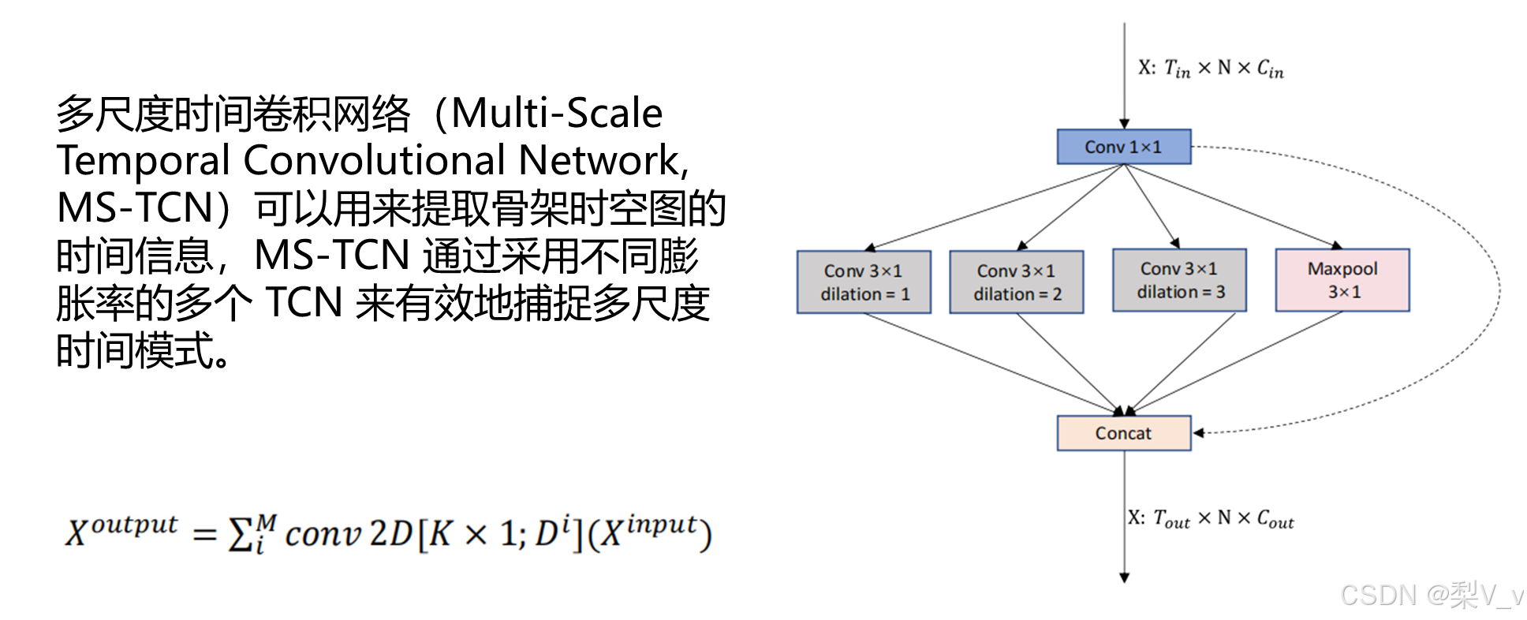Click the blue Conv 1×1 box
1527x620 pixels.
pyautogui.click(x=1123, y=147)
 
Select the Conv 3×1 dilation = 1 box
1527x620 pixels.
pyautogui.click(x=864, y=282)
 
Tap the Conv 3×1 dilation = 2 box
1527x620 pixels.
pyautogui.click(x=1016, y=282)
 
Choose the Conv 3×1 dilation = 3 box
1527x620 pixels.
pyautogui.click(x=1179, y=280)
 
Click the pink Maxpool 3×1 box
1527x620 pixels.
pyautogui.click(x=1342, y=280)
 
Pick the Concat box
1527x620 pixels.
pyautogui.click(x=1123, y=433)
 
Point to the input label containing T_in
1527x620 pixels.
pyautogui.click(x=1211, y=69)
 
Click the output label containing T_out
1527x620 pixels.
pyautogui.click(x=1211, y=518)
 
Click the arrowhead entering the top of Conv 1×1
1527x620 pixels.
pyautogui.click(x=1124, y=124)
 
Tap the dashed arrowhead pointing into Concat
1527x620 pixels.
pyautogui.click(x=1199, y=432)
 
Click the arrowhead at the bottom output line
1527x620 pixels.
pyautogui.click(x=1124, y=577)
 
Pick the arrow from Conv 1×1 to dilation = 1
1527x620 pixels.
pyautogui.click(x=994, y=207)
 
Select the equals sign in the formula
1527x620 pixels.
pyautogui.click(x=204, y=535)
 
